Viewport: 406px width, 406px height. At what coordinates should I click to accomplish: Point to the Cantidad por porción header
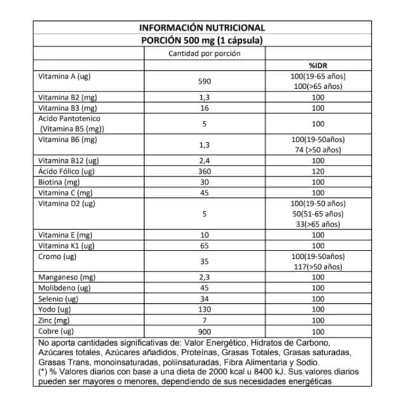click(204, 53)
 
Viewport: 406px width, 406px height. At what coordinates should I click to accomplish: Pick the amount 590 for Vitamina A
click(204, 82)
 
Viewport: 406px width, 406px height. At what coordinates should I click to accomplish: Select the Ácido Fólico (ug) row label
click(67, 172)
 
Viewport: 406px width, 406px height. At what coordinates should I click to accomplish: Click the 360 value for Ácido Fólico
click(204, 172)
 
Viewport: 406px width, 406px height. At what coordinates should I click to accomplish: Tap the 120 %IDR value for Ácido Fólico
click(317, 172)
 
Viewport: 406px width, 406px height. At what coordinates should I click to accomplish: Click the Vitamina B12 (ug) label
click(69, 161)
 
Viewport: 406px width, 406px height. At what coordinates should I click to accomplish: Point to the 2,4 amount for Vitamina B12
click(204, 161)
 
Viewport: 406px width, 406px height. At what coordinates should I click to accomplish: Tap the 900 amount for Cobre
click(204, 331)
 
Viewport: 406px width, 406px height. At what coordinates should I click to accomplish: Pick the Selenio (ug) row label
click(58, 298)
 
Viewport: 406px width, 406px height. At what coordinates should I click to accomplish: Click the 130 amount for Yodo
click(204, 309)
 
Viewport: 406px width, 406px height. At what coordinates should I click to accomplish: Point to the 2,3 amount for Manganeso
click(204, 277)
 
